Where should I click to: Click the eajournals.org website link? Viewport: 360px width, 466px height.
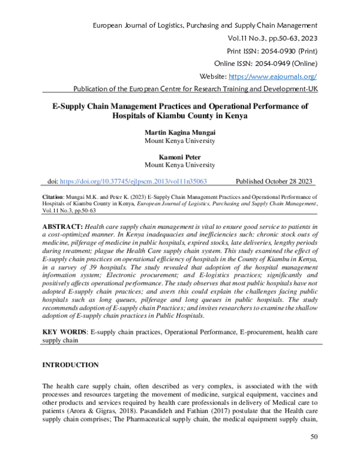pyautogui.click(x=274, y=77)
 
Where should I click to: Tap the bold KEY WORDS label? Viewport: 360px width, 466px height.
pyautogui.click(x=63, y=331)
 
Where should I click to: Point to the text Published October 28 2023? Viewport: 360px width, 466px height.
pyautogui.click(x=274, y=181)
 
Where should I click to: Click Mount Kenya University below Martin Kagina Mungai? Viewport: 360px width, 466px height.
pyautogui.click(x=179, y=142)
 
